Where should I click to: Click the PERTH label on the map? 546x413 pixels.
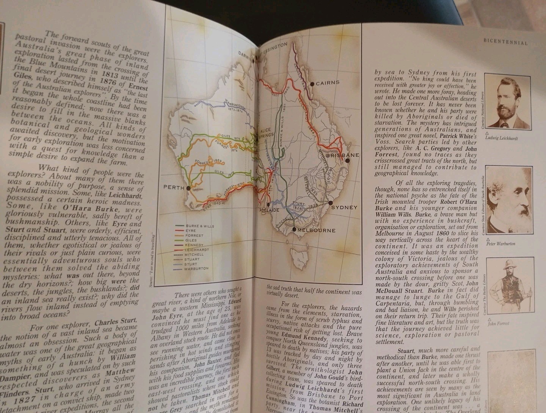pos(174,187)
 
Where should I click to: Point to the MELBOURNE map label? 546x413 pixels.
pos(317,230)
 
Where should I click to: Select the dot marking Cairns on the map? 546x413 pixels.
pos(312,84)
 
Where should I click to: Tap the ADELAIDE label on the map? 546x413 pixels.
pos(270,210)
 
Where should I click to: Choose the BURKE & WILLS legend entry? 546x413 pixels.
pos(200,226)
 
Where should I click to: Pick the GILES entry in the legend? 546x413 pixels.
pos(191,240)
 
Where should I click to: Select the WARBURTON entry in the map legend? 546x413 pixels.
pos(196,268)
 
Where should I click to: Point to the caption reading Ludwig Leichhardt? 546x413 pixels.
pos(501,138)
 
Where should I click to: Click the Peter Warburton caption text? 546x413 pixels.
pos(500,244)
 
